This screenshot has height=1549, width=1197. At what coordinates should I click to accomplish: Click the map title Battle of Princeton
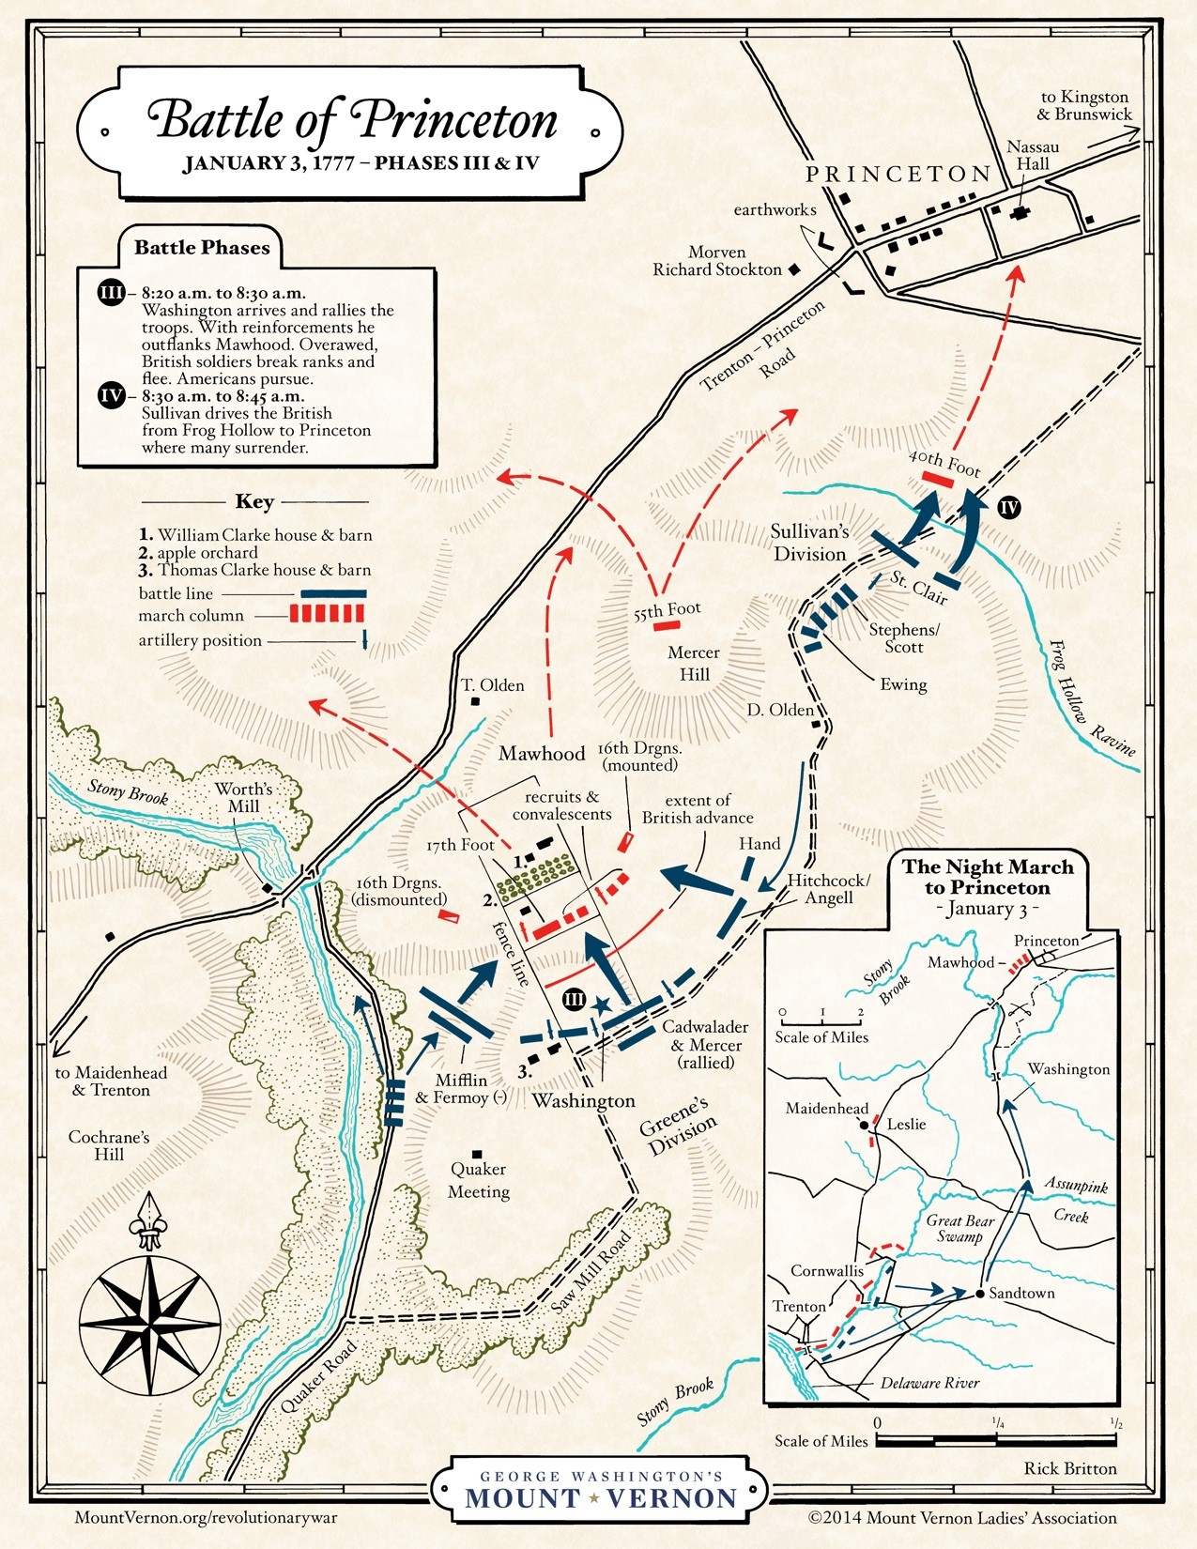352,120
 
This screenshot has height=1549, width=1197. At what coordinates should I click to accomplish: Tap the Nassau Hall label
1033,155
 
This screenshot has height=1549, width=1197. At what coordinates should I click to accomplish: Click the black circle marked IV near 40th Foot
1008,508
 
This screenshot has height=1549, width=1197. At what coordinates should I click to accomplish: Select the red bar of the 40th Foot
938,479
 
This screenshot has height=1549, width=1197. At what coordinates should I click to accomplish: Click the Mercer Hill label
694,663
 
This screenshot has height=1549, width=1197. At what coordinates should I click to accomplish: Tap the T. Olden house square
476,701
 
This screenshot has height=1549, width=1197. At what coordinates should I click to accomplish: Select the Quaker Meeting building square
477,1154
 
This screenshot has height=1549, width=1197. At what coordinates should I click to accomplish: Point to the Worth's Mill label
243,797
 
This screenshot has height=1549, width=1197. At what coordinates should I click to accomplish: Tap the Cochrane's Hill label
108,1145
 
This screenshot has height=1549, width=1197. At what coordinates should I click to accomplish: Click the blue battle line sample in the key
332,594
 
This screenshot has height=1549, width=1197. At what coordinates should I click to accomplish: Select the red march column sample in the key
326,615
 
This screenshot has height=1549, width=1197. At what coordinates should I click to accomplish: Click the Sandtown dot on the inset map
979,1293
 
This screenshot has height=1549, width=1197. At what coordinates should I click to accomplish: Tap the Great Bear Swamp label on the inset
959,1228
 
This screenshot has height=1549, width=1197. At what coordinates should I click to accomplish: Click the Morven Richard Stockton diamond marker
794,269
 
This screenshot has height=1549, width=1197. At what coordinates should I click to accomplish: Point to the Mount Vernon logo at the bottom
600,1490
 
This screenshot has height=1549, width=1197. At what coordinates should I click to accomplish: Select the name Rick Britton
1069,1468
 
